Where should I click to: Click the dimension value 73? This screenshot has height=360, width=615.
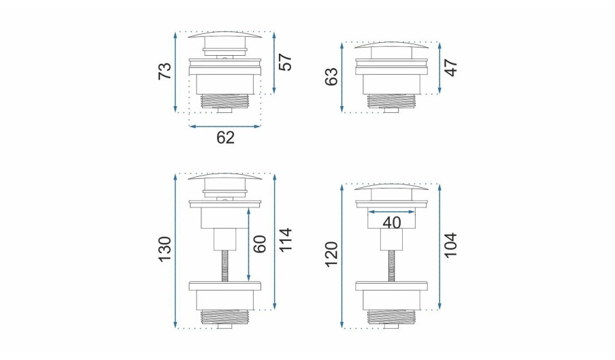165,71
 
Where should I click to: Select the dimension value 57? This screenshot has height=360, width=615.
286,61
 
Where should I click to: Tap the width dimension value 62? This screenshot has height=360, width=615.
225,137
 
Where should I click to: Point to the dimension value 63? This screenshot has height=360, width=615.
331,76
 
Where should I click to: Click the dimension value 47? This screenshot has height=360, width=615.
451,68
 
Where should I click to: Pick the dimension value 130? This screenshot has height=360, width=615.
165,249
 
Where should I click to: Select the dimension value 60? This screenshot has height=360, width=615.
260,244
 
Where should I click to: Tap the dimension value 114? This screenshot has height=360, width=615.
286,240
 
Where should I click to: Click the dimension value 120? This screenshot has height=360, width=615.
331,254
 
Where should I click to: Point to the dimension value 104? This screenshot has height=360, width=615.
451,245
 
